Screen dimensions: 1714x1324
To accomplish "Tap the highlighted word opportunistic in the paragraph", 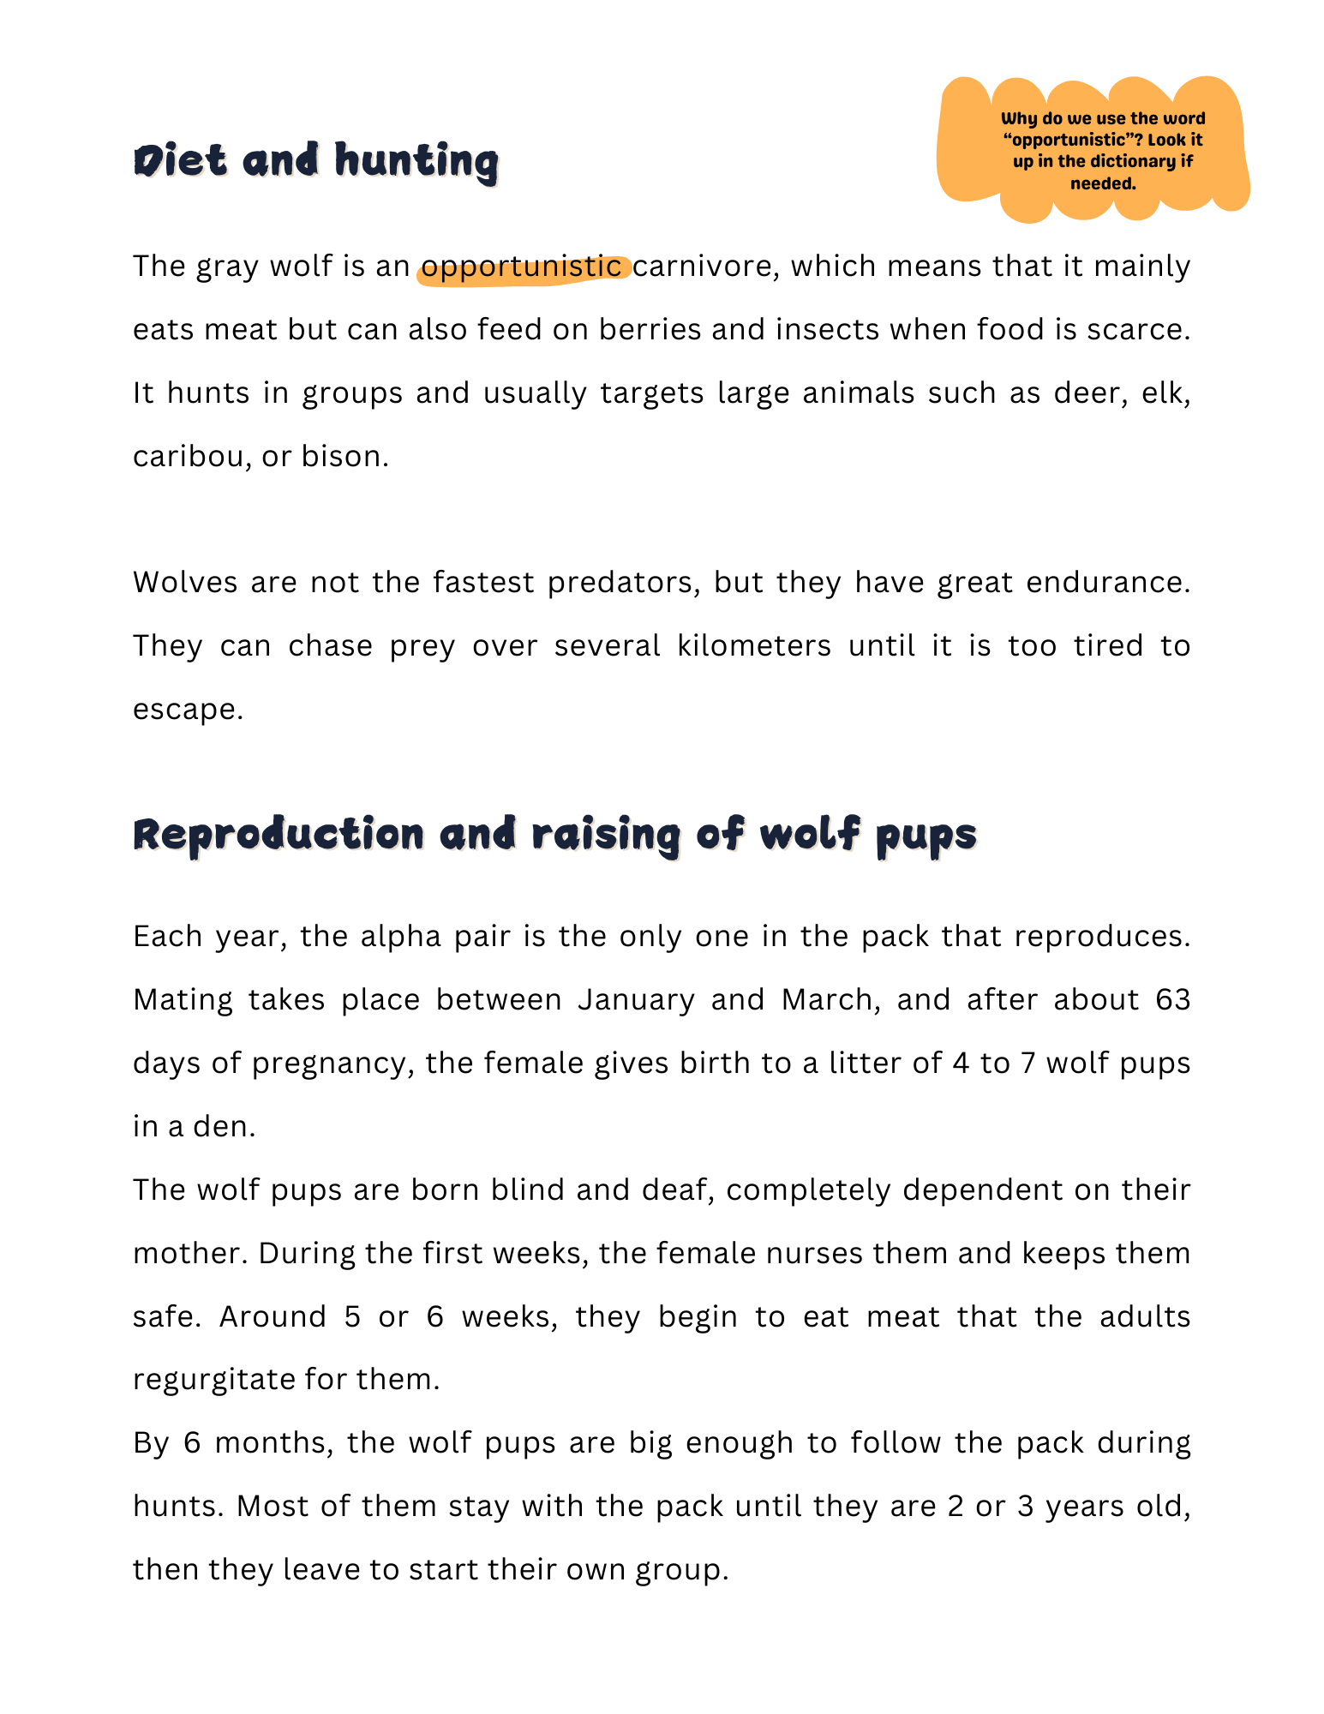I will pos(521,267).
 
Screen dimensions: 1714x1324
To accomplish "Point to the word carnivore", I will pos(705,267).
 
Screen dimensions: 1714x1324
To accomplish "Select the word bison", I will pos(344,457).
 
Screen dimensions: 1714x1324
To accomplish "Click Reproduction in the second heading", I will pos(279,835).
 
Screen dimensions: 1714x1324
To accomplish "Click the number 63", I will pos(1172,1000).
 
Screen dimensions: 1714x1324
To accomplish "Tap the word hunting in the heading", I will pos(416,161).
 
